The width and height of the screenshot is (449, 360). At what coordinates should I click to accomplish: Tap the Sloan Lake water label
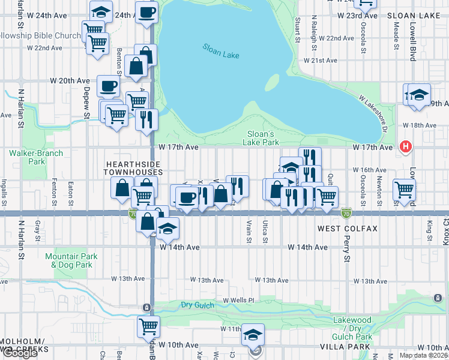[220, 51]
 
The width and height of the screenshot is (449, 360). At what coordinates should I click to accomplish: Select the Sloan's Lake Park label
[261, 138]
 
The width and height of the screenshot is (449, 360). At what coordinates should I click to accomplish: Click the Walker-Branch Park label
[28, 157]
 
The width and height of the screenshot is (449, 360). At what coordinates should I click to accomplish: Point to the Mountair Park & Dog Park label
[71, 260]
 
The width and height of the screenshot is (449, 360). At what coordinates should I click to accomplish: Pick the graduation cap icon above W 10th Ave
[253, 334]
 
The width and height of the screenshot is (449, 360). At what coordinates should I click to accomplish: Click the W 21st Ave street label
[322, 61]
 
